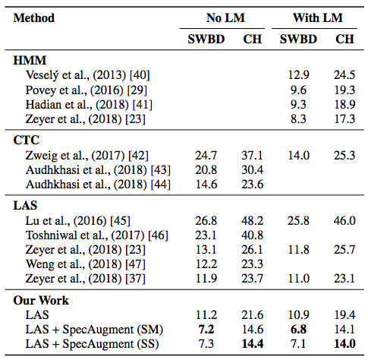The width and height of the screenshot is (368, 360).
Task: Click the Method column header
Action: [x=34, y=18]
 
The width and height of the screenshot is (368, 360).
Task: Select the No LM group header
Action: [x=225, y=18]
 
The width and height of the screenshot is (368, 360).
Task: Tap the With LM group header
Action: [x=318, y=18]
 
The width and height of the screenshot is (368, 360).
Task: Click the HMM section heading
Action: [x=30, y=61]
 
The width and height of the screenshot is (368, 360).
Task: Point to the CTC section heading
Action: [x=27, y=140]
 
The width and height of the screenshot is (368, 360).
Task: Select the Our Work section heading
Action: [x=41, y=301]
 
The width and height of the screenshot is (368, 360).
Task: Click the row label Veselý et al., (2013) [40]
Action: [x=88, y=75]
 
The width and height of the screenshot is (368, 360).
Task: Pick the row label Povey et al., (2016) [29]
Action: [x=86, y=90]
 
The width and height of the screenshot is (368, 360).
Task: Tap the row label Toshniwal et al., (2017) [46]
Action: [x=97, y=235]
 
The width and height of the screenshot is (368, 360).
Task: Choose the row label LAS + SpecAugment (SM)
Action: [x=94, y=330]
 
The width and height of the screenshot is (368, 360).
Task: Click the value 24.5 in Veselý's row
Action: [x=344, y=75]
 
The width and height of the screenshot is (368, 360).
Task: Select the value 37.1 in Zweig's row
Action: [x=253, y=155]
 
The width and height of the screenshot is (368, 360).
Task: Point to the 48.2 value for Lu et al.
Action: [x=253, y=220]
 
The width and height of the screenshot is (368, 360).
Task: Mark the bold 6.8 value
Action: [x=298, y=330]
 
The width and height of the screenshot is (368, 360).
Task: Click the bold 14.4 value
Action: [x=253, y=344]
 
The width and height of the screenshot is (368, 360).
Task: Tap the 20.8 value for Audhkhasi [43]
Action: [x=206, y=170]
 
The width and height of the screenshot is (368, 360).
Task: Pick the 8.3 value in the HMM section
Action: [x=298, y=118]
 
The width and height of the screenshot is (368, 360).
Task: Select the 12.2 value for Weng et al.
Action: [x=206, y=264]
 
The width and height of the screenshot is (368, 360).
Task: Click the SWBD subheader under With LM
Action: [x=298, y=39]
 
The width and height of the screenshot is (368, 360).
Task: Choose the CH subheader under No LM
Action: [x=253, y=39]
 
